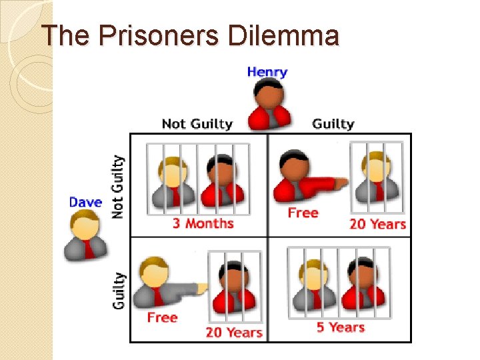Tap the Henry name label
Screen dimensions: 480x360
(x=267, y=71)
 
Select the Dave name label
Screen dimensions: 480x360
(x=86, y=202)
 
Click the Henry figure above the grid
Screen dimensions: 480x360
(x=269, y=105)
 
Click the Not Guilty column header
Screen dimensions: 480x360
(x=197, y=124)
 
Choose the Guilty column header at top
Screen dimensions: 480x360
(x=333, y=124)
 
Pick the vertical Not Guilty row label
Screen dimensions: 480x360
(x=117, y=187)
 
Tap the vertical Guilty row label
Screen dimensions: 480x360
(x=118, y=291)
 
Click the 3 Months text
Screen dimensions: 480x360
(x=203, y=223)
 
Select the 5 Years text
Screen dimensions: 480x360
(x=340, y=327)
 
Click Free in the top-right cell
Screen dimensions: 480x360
(x=303, y=213)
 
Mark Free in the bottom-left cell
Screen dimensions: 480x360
(x=162, y=317)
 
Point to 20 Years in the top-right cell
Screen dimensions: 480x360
(x=378, y=224)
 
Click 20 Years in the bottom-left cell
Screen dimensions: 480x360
(x=233, y=331)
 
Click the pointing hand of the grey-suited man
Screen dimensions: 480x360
(x=200, y=287)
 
